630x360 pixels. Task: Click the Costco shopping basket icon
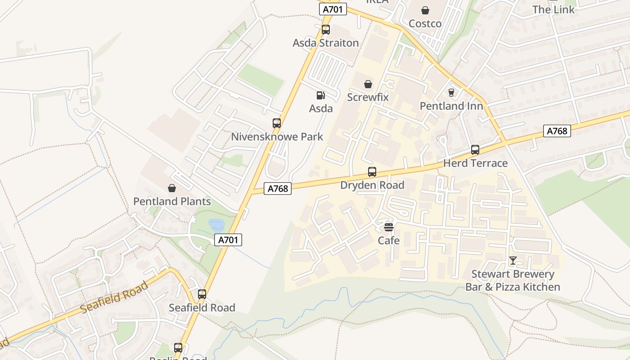425,10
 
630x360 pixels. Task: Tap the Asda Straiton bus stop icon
326,30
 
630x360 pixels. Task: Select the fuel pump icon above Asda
321,95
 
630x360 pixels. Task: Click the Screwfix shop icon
368,84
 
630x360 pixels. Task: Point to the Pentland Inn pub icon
451,93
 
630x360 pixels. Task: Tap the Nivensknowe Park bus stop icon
277,123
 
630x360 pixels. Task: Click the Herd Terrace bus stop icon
475,150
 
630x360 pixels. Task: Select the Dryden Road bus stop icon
372,171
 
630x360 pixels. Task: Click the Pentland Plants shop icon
172,188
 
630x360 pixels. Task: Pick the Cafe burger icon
389,227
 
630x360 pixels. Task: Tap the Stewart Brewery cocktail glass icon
513,261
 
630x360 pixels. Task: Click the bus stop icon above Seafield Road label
202,294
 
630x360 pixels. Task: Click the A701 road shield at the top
333,9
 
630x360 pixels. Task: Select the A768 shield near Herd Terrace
557,131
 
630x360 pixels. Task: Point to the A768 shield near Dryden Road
278,189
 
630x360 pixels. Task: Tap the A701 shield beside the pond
228,240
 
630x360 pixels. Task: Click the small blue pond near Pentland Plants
216,225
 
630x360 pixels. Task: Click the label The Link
553,9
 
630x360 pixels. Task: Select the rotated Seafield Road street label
115,297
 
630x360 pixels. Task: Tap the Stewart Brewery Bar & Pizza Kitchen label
513,280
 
